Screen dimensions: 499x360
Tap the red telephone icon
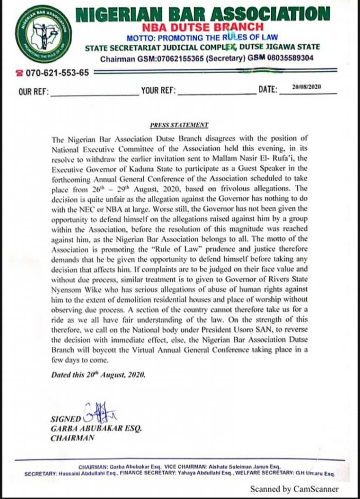point(19,73)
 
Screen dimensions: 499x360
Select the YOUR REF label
point(158,91)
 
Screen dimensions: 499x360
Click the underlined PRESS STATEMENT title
point(179,125)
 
